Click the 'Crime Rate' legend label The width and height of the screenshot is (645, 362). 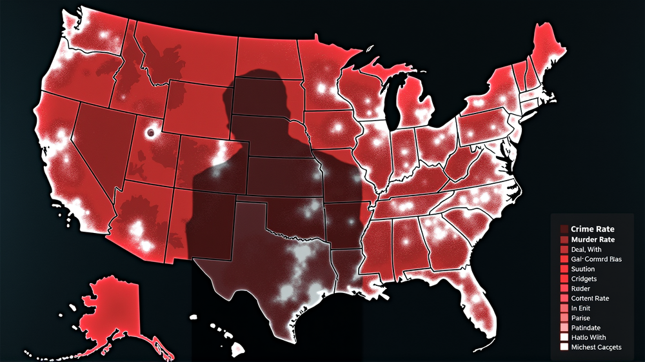(592, 229)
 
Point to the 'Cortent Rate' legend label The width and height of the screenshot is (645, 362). (590, 298)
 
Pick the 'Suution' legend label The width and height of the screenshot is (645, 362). (583, 268)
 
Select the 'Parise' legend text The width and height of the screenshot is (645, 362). (580, 317)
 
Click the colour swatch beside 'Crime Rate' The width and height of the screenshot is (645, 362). (564, 229)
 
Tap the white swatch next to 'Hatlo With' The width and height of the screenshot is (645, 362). (564, 337)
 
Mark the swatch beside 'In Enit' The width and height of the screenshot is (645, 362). (564, 308)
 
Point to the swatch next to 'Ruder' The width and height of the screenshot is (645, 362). (564, 288)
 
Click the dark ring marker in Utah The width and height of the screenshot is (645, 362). (151, 133)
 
